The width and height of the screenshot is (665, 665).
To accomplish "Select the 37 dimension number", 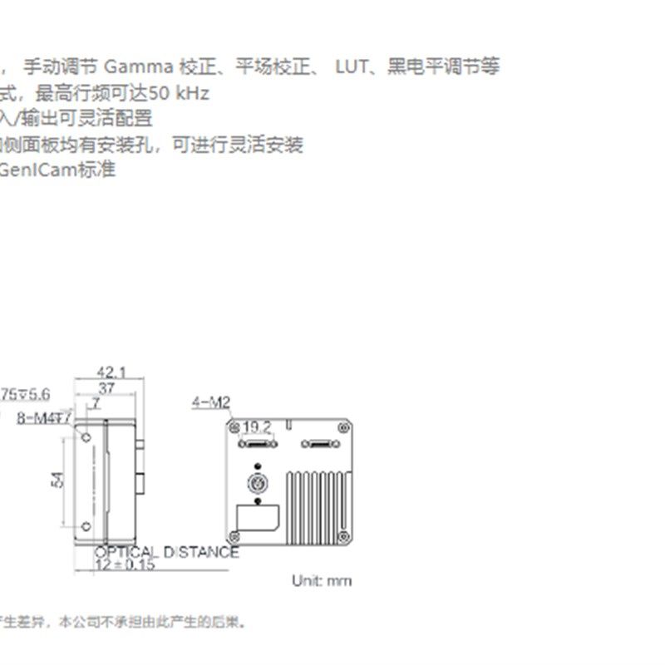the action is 106,388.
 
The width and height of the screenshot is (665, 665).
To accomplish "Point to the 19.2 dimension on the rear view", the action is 258,426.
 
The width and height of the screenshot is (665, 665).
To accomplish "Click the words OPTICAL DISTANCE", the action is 166,552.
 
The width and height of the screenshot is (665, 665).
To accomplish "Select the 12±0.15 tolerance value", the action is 125,564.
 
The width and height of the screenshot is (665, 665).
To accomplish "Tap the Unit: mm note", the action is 322,580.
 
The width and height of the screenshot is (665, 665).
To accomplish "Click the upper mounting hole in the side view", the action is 86,436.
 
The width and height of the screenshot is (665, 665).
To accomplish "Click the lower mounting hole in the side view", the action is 86,525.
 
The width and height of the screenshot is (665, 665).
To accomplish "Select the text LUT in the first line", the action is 352,66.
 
